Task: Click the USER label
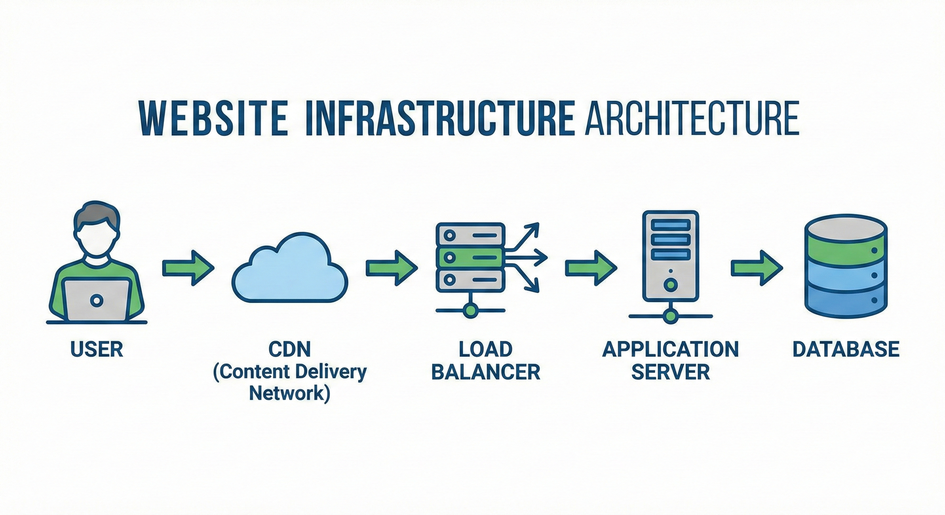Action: [96, 349]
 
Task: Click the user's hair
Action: [96, 214]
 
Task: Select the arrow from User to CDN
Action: [188, 268]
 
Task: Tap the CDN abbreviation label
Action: [289, 349]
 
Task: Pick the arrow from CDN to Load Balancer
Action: [391, 268]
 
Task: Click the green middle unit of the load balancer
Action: [470, 257]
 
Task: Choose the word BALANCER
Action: [486, 372]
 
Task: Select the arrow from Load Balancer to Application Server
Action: [591, 268]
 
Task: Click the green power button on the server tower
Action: [670, 284]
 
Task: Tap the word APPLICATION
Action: [670, 349]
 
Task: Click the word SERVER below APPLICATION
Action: [670, 372]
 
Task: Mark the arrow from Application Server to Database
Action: [756, 268]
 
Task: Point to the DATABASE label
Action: [846, 349]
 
